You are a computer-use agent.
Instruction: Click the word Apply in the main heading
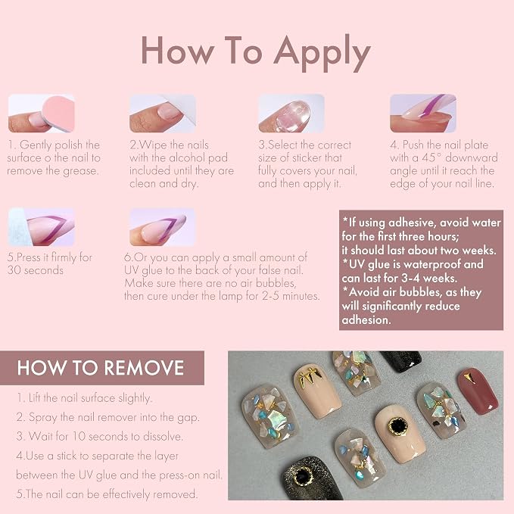pos(322,52)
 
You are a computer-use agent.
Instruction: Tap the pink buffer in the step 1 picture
pos(58,112)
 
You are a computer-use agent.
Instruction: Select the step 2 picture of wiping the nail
pos(163,114)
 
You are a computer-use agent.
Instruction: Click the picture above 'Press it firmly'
pos(42,227)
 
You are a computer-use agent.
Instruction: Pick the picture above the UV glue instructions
pos(163,227)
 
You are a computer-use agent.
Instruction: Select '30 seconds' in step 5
pos(36,270)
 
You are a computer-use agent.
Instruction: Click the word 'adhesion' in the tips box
pos(366,320)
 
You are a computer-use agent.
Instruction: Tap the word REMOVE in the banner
pos(144,368)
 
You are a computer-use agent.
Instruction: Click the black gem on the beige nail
pos(398,426)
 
